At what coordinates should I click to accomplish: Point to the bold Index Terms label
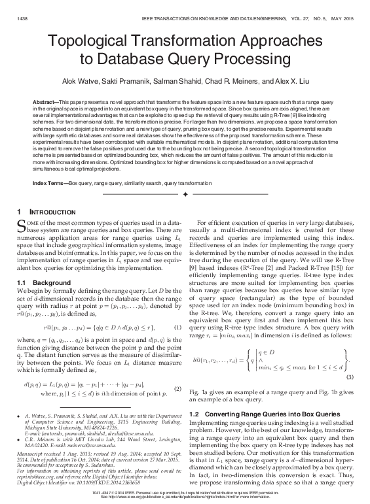pyautogui.click(x=49, y=181)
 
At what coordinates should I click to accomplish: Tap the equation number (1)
pyautogui.click(x=177, y=327)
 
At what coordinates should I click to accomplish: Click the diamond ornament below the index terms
pyautogui.click(x=185, y=195)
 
